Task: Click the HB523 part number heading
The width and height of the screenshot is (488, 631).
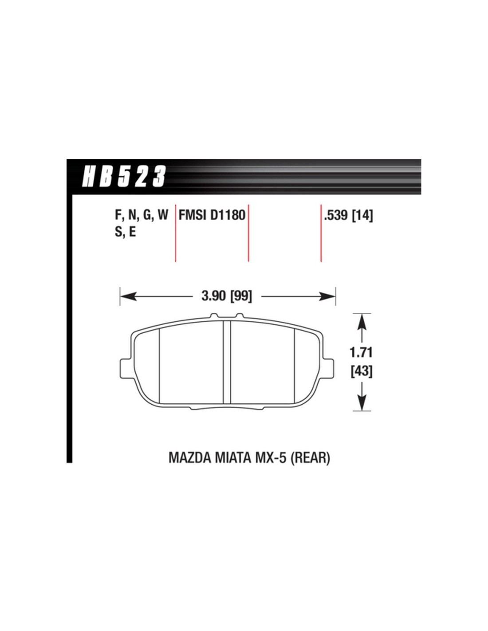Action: (x=124, y=176)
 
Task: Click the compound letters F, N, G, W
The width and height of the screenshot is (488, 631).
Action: (x=142, y=216)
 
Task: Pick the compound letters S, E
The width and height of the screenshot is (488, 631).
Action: (x=125, y=232)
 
